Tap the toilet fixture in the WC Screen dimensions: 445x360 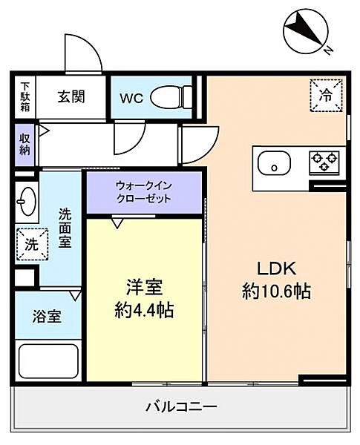click(170, 96)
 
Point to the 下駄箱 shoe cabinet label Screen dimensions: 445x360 click(24, 96)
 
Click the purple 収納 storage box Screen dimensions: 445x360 click(24, 143)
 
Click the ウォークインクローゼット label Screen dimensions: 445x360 click(144, 192)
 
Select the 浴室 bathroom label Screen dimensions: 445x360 click(47, 316)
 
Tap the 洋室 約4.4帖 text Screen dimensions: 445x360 click(144, 298)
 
